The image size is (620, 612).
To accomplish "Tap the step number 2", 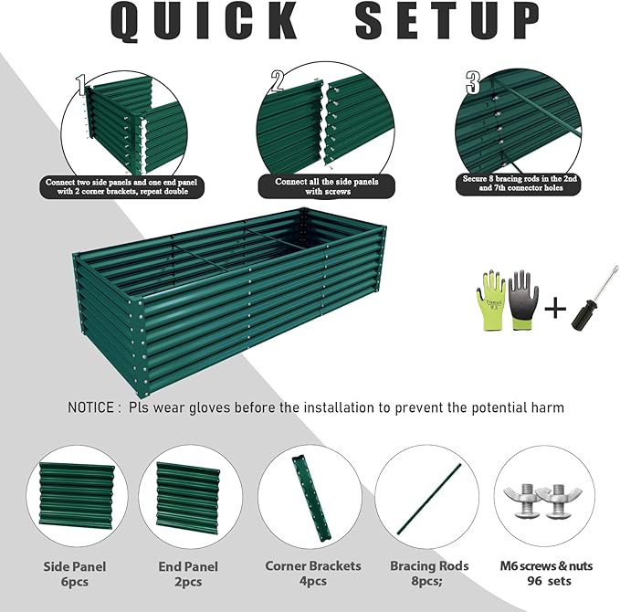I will tap(278, 83).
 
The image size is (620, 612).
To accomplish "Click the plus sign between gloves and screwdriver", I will tap(553, 308).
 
